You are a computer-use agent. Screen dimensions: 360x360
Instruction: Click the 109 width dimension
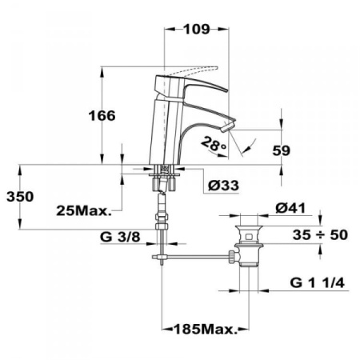[x=191, y=30]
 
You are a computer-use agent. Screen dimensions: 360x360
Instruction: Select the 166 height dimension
[x=102, y=116]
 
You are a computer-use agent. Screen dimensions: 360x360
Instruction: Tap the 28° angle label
[x=214, y=145]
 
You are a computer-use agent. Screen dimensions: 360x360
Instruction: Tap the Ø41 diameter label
[x=293, y=208]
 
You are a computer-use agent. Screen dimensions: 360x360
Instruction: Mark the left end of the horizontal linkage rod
[x=155, y=258]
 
